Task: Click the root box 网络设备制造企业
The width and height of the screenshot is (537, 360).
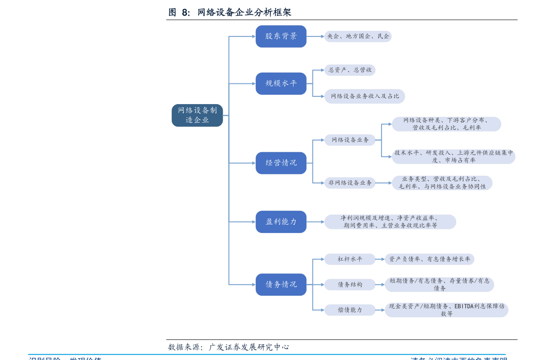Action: pyautogui.click(x=197, y=115)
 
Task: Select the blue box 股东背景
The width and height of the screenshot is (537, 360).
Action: pyautogui.click(x=281, y=36)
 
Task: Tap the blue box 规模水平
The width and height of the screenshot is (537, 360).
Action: pyautogui.click(x=281, y=83)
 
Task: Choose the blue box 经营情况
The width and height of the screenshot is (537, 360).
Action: pyautogui.click(x=281, y=163)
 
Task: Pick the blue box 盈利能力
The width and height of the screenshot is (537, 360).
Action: pyautogui.click(x=281, y=222)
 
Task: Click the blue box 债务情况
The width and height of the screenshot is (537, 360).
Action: pyautogui.click(x=281, y=285)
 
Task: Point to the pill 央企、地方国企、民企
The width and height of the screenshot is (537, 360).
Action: pyautogui.click(x=358, y=36)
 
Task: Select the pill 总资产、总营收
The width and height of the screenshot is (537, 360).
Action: pyautogui.click(x=350, y=70)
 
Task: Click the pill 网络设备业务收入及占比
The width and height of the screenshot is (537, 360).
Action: pyautogui.click(x=365, y=96)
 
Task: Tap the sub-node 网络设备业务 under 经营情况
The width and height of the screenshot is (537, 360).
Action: pyautogui.click(x=350, y=140)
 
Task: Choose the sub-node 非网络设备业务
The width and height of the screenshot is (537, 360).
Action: pyautogui.click(x=350, y=183)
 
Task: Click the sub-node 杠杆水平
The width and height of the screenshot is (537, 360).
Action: pyautogui.click(x=350, y=259)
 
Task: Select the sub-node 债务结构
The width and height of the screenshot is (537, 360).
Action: pyautogui.click(x=350, y=285)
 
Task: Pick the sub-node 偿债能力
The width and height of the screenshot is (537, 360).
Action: pyautogui.click(x=350, y=310)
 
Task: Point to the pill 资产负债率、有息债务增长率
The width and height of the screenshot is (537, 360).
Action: pyautogui.click(x=429, y=259)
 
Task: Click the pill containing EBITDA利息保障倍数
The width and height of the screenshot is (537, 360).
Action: pyautogui.click(x=446, y=310)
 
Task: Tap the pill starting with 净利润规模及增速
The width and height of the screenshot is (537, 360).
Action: pyautogui.click(x=390, y=222)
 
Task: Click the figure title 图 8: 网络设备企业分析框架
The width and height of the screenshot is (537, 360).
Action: pyautogui.click(x=230, y=13)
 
